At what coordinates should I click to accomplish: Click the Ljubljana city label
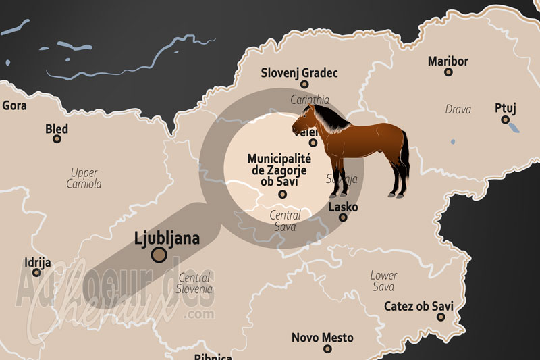click(x=167, y=238)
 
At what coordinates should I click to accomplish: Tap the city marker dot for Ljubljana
click(x=159, y=255)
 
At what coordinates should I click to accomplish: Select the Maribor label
click(x=448, y=61)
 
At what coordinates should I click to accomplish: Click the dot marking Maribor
click(x=448, y=72)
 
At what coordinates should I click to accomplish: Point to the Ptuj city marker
click(x=505, y=120)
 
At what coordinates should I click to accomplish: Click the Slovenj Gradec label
click(x=300, y=73)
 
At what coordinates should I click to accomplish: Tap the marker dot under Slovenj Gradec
click(x=304, y=84)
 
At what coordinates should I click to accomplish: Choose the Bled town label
click(x=57, y=128)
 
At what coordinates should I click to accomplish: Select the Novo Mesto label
click(x=323, y=337)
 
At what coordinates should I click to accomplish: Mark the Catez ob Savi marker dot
click(x=441, y=317)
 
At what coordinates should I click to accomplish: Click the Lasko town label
click(x=343, y=207)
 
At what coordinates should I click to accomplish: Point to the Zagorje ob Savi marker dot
click(x=282, y=195)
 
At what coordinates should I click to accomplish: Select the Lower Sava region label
click(x=383, y=281)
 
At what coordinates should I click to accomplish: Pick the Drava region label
click(x=458, y=109)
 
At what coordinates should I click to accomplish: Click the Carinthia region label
click(x=310, y=99)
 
